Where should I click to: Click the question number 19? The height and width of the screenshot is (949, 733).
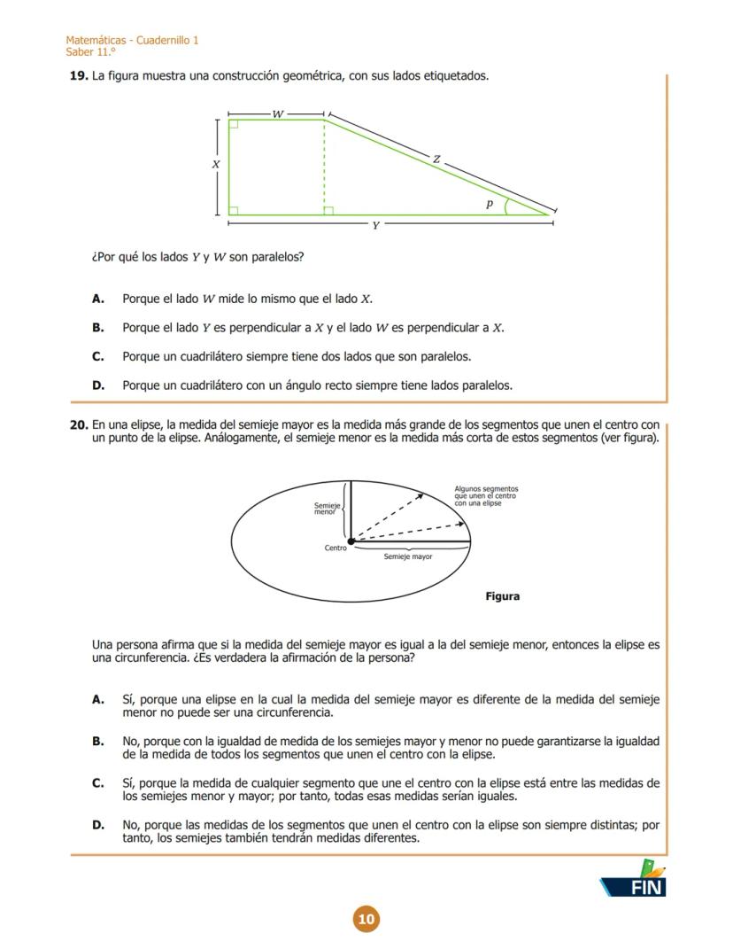[x=78, y=76]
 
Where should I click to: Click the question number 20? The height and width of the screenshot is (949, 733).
[x=78, y=424]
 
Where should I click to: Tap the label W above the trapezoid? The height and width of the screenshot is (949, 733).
[x=278, y=114]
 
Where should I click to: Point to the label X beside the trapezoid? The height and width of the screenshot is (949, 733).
[x=215, y=165]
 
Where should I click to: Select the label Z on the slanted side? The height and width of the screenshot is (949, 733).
[x=436, y=159]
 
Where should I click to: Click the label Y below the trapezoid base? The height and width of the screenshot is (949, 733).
[x=375, y=226]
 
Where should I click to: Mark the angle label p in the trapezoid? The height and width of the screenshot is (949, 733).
[x=489, y=204]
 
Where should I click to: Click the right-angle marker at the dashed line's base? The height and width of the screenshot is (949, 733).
[x=328, y=211]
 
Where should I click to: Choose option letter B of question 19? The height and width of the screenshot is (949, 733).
[x=98, y=328]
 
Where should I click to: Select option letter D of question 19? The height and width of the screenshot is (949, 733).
[x=98, y=385]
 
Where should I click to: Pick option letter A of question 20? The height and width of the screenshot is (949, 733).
[x=98, y=700]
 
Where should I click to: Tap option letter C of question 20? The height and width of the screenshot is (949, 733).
[x=98, y=783]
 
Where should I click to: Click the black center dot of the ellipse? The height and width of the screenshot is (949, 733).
[x=351, y=541]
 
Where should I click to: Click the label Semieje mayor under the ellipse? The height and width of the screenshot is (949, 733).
[x=408, y=557]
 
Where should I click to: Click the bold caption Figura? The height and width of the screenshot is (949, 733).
[x=502, y=596]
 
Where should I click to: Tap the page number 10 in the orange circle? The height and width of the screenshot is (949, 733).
[x=366, y=919]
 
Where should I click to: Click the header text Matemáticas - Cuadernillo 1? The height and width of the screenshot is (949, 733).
[x=132, y=41]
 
